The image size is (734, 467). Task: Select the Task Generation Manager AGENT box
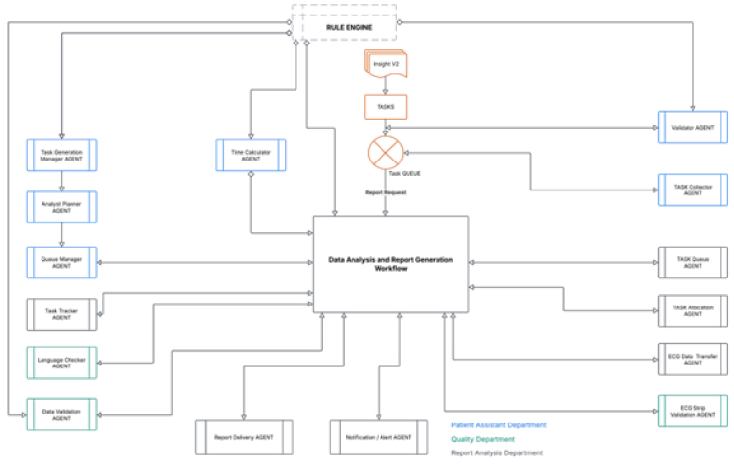[62, 156]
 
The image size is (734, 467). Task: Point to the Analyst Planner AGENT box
[62, 207]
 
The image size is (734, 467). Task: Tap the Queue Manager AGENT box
[62, 261]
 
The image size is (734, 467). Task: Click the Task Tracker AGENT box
[62, 313]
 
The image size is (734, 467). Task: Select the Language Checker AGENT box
[62, 364]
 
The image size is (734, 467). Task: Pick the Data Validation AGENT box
[62, 414]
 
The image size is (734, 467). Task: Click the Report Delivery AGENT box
[242, 437]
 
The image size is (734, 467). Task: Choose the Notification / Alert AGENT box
[378, 437]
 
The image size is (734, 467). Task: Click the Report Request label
[384, 192]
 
